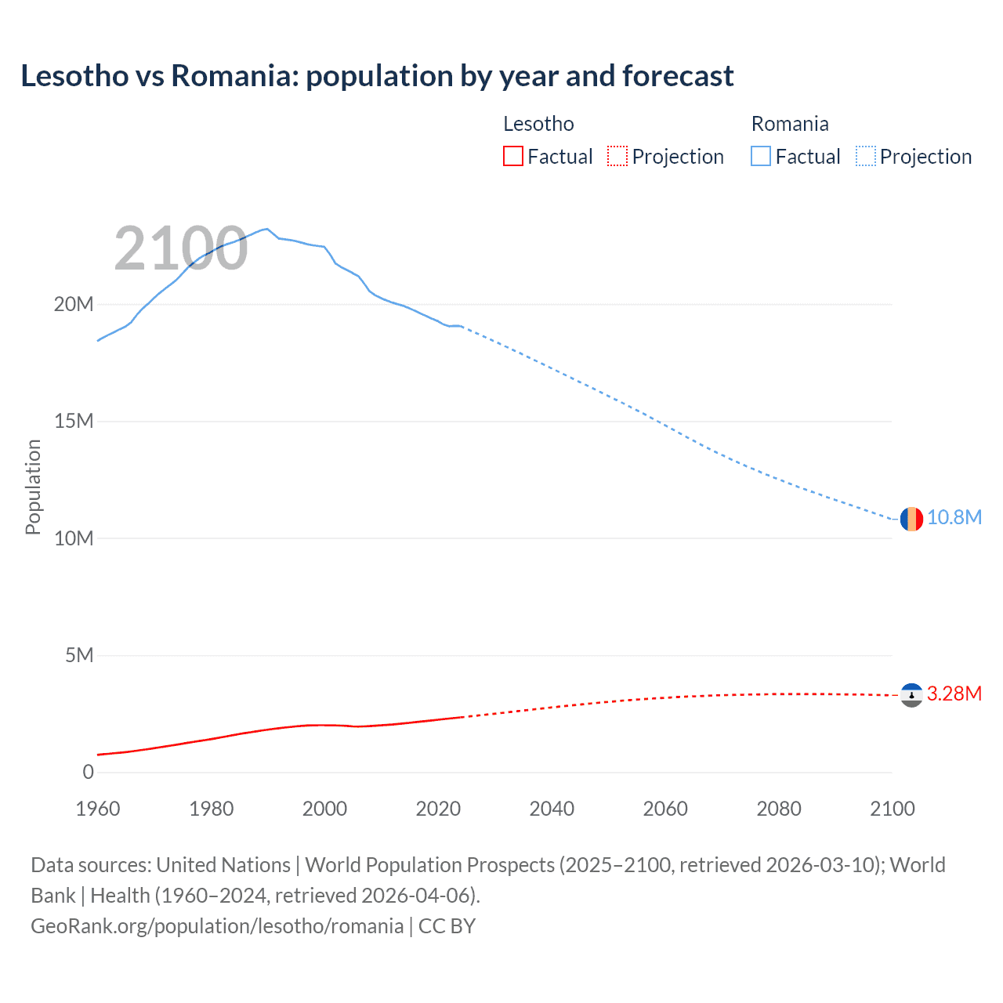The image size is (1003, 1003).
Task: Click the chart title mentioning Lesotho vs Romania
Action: [x=377, y=76]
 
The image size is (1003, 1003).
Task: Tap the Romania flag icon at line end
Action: [x=911, y=519]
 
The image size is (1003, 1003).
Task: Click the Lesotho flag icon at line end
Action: [x=911, y=695]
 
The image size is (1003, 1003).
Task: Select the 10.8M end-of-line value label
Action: [x=954, y=518]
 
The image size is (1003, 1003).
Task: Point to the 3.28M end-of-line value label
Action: [x=954, y=694]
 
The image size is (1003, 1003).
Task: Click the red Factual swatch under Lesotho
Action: [x=513, y=157]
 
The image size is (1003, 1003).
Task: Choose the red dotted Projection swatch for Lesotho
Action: [x=617, y=157]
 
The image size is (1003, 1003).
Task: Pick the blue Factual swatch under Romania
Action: [x=761, y=157]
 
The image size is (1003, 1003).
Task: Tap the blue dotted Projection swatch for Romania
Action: [x=866, y=157]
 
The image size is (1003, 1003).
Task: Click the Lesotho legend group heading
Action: [x=538, y=124]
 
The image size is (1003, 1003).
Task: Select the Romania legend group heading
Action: [x=790, y=124]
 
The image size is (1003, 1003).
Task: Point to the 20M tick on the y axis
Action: [x=74, y=304]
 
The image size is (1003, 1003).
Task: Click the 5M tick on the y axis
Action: [x=79, y=655]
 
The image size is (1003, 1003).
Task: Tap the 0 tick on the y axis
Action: [x=88, y=772]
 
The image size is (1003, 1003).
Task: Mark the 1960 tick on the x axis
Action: [x=98, y=809]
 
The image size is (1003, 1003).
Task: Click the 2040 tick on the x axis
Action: [x=552, y=809]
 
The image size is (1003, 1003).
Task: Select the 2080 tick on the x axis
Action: [x=779, y=809]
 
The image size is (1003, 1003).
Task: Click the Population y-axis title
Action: [x=33, y=487]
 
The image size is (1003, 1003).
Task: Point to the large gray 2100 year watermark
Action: [x=181, y=249]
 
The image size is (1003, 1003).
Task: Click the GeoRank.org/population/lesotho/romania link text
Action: [x=217, y=926]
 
